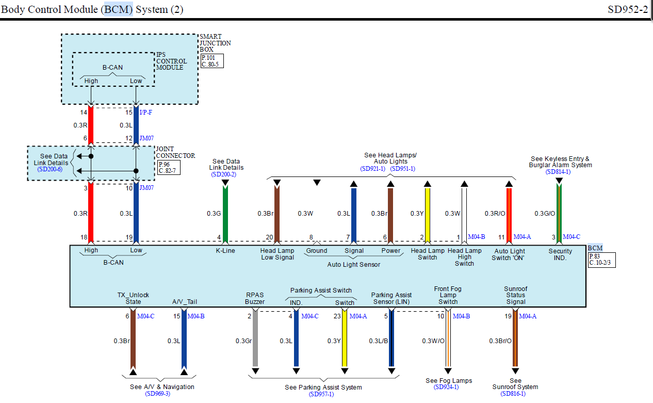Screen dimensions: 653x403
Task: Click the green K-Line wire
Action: pyautogui.click(x=225, y=214)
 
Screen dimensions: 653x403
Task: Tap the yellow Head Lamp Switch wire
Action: pyautogui.click(x=428, y=215)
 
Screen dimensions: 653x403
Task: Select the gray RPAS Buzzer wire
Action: pyautogui.click(x=255, y=338)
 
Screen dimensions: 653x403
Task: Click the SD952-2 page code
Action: pyautogui.click(x=627, y=10)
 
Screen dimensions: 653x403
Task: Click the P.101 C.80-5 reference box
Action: pyautogui.click(x=212, y=61)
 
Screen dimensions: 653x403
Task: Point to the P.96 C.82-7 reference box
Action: pyautogui.click(x=169, y=168)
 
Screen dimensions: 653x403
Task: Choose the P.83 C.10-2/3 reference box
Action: pyautogui.click(x=602, y=260)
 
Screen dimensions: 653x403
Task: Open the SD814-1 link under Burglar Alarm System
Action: pyautogui.click(x=558, y=172)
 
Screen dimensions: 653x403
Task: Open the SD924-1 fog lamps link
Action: pyautogui.click(x=446, y=387)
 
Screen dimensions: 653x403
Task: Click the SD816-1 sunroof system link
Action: pyautogui.click(x=513, y=394)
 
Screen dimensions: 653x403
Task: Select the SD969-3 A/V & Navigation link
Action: pyautogui.click(x=158, y=394)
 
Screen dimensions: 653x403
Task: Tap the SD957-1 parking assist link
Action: pyautogui.click(x=321, y=394)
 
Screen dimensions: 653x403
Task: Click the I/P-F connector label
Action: pyautogui.click(x=146, y=112)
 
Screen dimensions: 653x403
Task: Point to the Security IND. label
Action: pyautogui.click(x=560, y=254)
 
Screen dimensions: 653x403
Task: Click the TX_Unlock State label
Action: pyautogui.click(x=133, y=298)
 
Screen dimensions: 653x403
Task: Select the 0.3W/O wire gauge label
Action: pyautogui.click(x=433, y=341)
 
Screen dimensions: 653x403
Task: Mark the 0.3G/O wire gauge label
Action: pyautogui.click(x=545, y=214)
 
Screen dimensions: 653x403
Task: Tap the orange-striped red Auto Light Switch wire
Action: pyautogui.click(x=509, y=215)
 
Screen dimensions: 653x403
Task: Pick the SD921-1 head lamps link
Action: pyautogui.click(x=372, y=169)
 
